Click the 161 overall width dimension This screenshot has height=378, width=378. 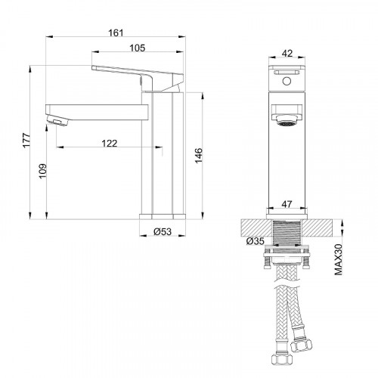coord(116,33)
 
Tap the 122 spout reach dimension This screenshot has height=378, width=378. coord(111,142)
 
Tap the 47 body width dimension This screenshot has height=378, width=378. coord(287,204)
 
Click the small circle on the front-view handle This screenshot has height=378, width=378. coord(287,79)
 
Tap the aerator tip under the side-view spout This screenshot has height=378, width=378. coord(55,120)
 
